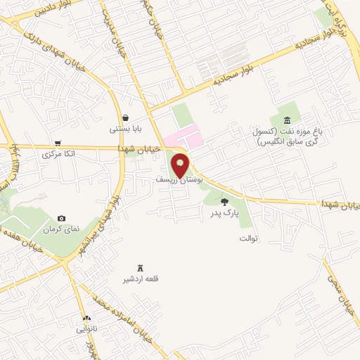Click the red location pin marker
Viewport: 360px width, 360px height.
[181, 165]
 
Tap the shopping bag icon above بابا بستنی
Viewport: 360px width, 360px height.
[125, 117]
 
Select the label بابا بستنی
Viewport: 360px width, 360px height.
[125, 129]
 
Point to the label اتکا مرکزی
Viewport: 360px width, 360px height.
[58, 153]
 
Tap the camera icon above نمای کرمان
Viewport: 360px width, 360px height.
[61, 219]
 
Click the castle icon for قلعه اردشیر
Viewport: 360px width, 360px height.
[139, 268]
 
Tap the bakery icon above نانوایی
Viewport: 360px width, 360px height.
[86, 318]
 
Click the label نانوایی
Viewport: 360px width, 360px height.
[87, 328]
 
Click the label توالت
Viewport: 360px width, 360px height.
[250, 238]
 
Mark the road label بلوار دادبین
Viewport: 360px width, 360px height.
[25, 11]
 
